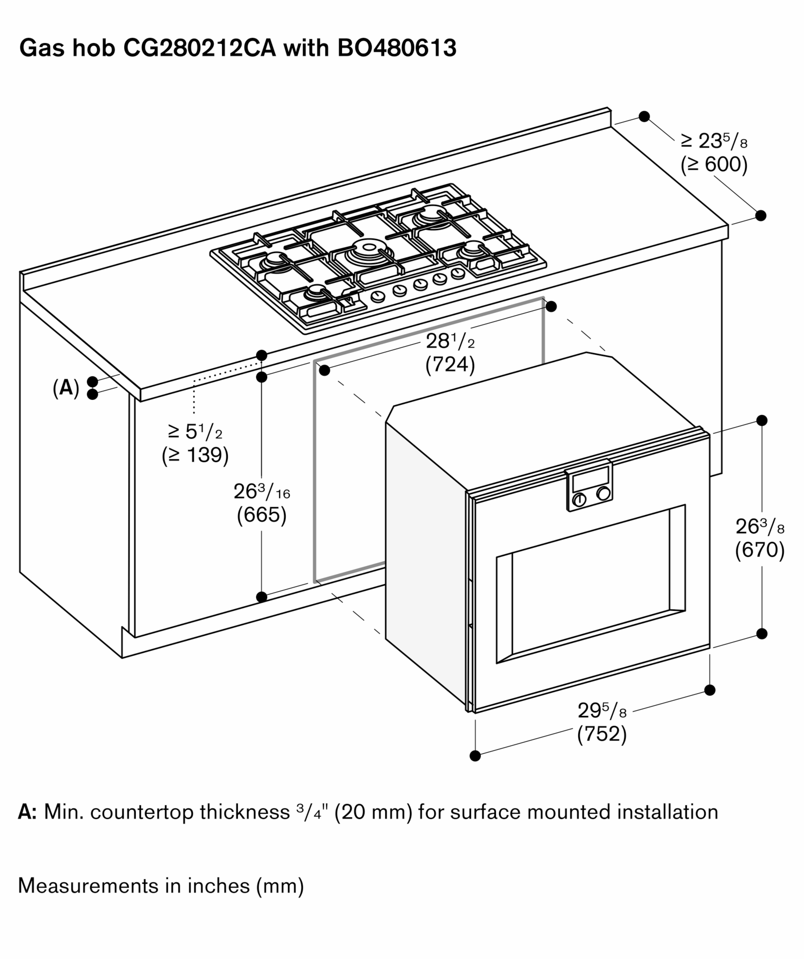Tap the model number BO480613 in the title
pyautogui.click(x=397, y=48)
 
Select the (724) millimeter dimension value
pyautogui.click(x=450, y=365)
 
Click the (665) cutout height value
pyautogui.click(x=261, y=515)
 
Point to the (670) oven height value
pyautogui.click(x=760, y=550)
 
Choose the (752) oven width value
pyautogui.click(x=602, y=734)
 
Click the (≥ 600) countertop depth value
pyautogui.click(x=714, y=164)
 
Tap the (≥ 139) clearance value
pyautogui.click(x=195, y=455)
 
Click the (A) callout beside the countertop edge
pyautogui.click(x=66, y=388)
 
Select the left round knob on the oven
pyautogui.click(x=579, y=500)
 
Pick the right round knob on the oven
pyautogui.click(x=603, y=493)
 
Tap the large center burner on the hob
pyautogui.click(x=369, y=248)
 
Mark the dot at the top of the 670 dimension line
pyautogui.click(x=761, y=421)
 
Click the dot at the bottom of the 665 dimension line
pyautogui.click(x=261, y=597)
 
